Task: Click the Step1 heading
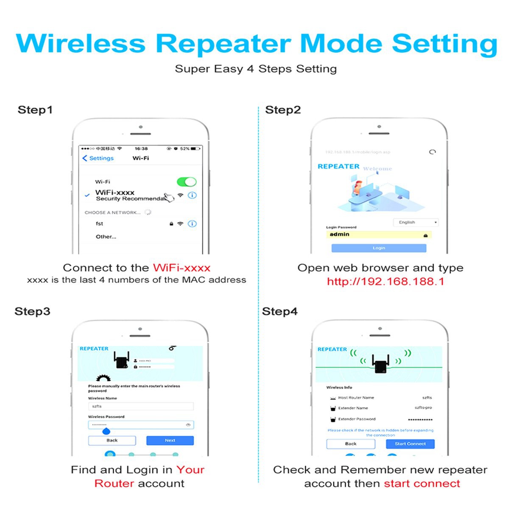[x=35, y=110]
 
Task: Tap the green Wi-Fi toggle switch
[x=187, y=182]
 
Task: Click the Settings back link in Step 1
[x=98, y=158]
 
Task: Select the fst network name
[x=99, y=223]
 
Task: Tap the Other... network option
[x=106, y=237]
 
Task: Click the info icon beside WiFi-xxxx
[x=192, y=195]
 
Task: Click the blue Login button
[x=379, y=248]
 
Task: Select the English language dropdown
[x=416, y=222]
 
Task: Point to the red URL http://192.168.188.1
[x=385, y=282]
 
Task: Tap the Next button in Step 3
[x=170, y=441]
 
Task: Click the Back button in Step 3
[x=112, y=441]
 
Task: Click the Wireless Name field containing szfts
[x=141, y=406]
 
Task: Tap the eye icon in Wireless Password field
[x=188, y=424]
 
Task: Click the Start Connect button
[x=410, y=444]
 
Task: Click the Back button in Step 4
[x=351, y=444]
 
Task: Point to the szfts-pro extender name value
[x=423, y=408]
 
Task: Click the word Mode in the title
[x=341, y=44]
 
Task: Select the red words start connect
[x=422, y=483]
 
